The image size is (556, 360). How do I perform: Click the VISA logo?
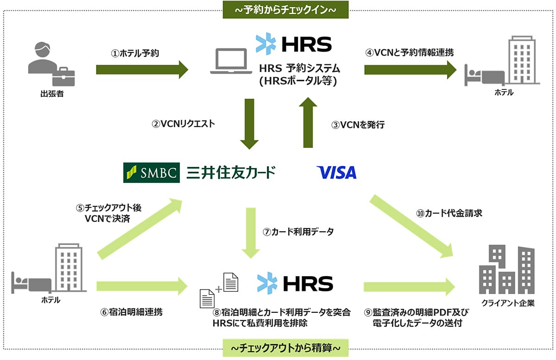[336, 172]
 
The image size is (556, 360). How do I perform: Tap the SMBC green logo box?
[152, 172]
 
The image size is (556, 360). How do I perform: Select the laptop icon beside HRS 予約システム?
[231, 61]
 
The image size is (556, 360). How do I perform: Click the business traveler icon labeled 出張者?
[51, 64]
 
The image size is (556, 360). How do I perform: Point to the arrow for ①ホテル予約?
[142, 70]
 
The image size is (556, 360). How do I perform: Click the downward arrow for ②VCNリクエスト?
[249, 124]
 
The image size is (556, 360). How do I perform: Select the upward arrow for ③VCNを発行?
[308, 122]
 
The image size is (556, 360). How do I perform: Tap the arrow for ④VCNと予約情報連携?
[411, 70]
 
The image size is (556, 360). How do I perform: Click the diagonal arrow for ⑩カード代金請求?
[411, 227]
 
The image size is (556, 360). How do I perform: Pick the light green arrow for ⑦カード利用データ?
[251, 233]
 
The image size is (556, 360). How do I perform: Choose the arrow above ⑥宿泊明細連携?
[142, 286]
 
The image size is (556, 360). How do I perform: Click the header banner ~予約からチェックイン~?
[285, 10]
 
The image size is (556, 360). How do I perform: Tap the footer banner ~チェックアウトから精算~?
[285, 348]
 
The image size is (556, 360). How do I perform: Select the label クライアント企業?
[508, 303]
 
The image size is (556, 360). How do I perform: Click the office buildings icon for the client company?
[506, 269]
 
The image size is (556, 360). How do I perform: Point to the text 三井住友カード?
[231, 172]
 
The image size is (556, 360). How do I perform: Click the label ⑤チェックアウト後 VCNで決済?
[109, 213]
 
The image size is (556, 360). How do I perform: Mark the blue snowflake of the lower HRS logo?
[267, 283]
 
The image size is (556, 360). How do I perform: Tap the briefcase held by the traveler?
[63, 77]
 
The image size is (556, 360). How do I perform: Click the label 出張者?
[52, 94]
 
